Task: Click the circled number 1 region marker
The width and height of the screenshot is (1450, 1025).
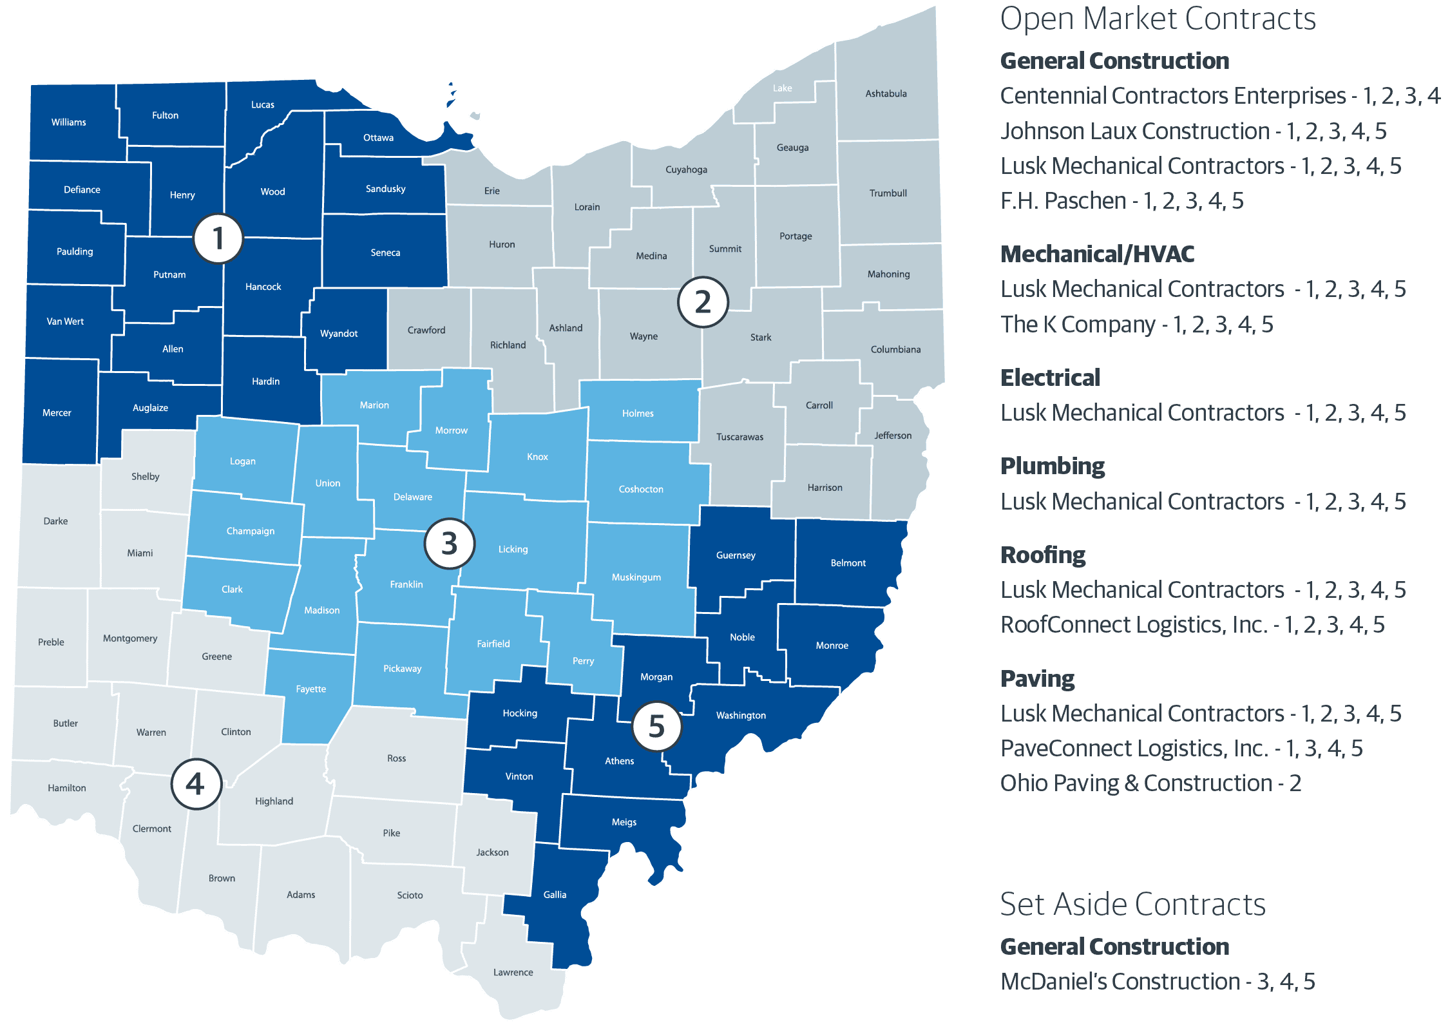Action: coord(218,238)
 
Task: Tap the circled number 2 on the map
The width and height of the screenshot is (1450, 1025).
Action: coord(703,302)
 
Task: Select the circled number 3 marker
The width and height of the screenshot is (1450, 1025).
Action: coord(450,544)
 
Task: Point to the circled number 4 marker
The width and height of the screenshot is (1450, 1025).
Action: coord(196,784)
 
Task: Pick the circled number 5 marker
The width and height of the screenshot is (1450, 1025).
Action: coord(656,726)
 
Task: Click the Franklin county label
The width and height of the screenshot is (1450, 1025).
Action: coord(406,584)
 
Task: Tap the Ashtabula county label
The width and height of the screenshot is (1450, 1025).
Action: coord(886,93)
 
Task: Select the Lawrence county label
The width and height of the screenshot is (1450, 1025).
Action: coord(513,972)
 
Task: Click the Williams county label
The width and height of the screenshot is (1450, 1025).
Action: coord(69,122)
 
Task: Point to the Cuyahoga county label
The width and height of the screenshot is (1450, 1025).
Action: coord(686,169)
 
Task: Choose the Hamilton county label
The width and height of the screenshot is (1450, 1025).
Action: coord(67,787)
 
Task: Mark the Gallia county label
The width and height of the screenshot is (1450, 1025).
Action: coord(555,894)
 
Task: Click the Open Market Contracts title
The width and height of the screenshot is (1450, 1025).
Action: coord(1158,19)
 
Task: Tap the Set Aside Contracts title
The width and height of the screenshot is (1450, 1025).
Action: coord(1132,905)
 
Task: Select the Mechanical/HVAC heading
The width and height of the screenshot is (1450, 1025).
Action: coord(1097,254)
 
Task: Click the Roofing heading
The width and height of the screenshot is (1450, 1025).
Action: coord(1043,555)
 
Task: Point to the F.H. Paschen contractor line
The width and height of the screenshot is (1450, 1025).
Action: coord(1121,201)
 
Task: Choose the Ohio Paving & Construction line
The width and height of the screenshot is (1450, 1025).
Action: coord(1150,783)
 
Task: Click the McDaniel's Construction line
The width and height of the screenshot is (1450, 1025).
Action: coord(1158,981)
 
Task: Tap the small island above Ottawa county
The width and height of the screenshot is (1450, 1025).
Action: coord(475,116)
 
